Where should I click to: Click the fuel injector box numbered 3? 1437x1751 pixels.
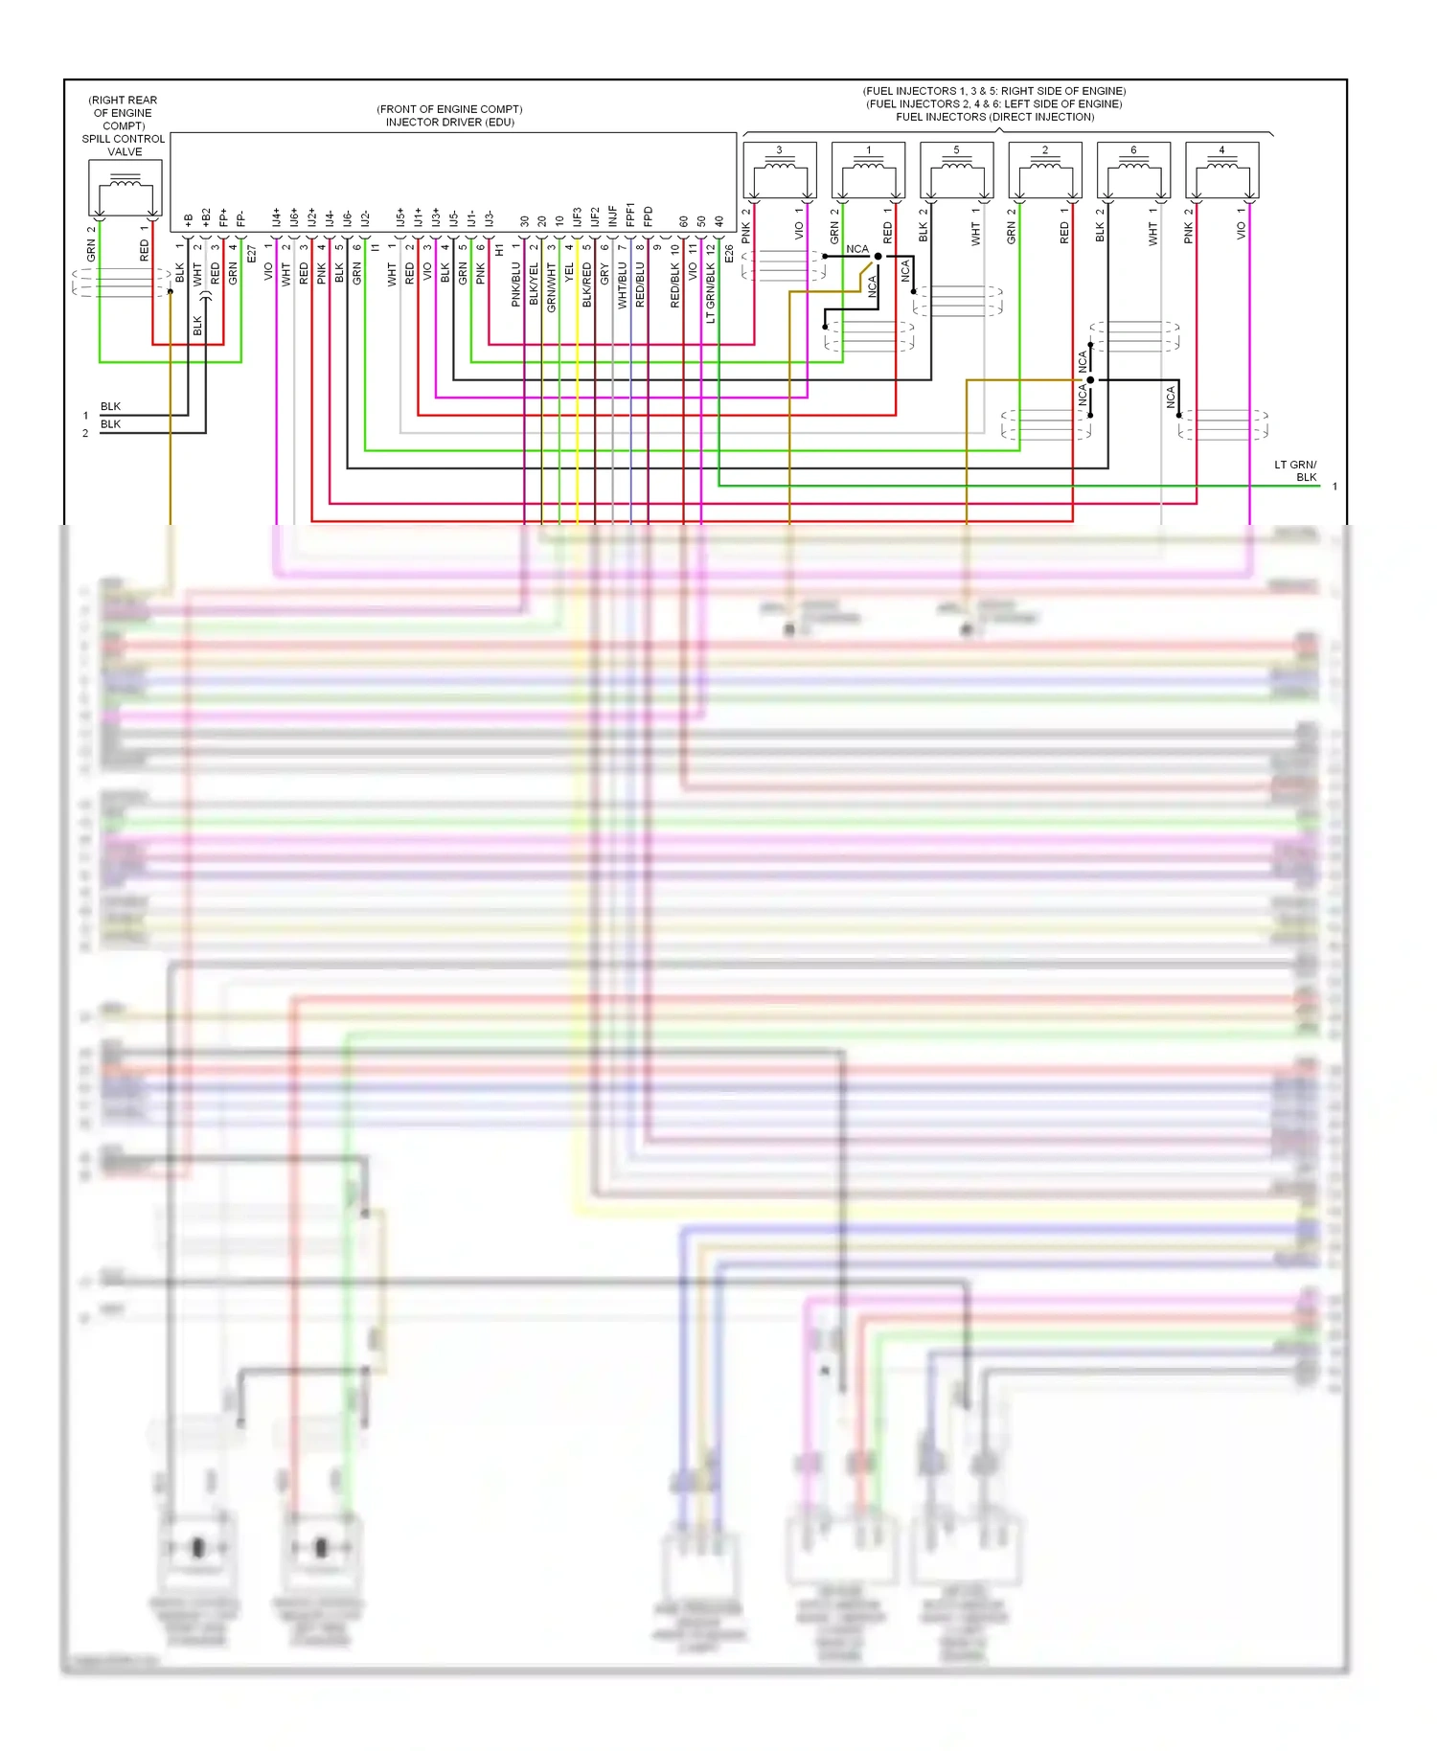click(779, 170)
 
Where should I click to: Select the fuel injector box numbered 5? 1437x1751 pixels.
click(956, 170)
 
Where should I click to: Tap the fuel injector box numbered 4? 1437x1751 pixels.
click(1221, 170)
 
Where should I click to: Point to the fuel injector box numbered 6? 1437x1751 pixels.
click(1133, 170)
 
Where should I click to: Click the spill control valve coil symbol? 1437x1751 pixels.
click(125, 186)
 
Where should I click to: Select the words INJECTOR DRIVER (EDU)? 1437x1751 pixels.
click(449, 123)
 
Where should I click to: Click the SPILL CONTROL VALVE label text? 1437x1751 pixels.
click(124, 145)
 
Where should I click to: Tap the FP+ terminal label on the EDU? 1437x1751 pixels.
click(223, 217)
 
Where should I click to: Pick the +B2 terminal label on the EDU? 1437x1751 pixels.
click(206, 217)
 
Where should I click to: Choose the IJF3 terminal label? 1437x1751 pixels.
click(578, 216)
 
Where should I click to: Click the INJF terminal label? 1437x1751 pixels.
click(613, 216)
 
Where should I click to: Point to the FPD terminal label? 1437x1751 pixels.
click(649, 216)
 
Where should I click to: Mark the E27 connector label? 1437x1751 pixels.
click(252, 254)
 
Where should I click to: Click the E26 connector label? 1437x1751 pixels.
click(729, 254)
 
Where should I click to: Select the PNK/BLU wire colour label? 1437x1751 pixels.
click(516, 284)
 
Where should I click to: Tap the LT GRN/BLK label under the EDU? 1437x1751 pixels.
click(711, 293)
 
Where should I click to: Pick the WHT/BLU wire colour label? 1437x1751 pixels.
click(623, 285)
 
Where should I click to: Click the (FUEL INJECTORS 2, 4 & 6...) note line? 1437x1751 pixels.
click(993, 104)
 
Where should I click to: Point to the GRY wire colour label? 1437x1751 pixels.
click(604, 273)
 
